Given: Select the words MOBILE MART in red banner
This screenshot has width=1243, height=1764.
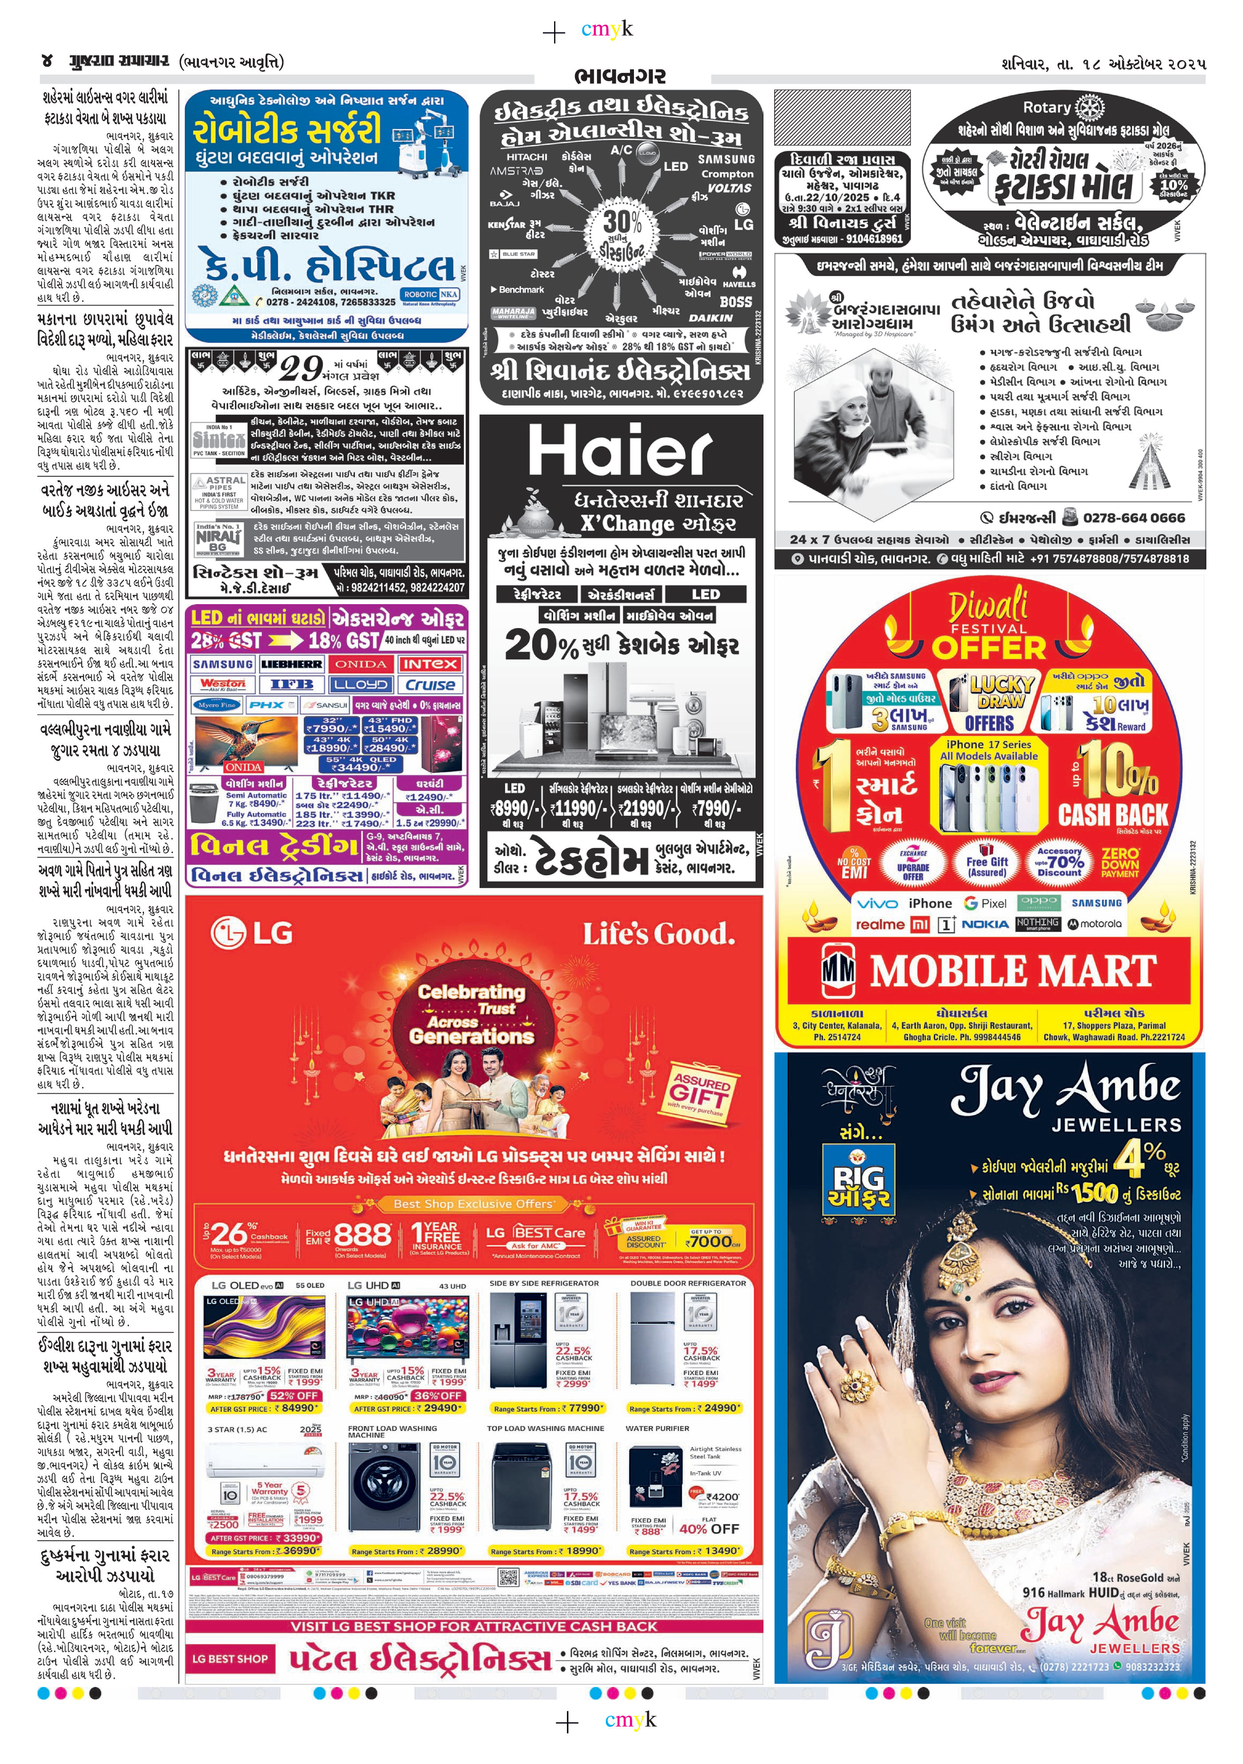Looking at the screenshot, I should [x=1013, y=971].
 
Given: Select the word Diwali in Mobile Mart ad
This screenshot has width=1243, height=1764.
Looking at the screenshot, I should [x=989, y=606].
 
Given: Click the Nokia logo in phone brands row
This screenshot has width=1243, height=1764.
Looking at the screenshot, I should [x=985, y=924].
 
